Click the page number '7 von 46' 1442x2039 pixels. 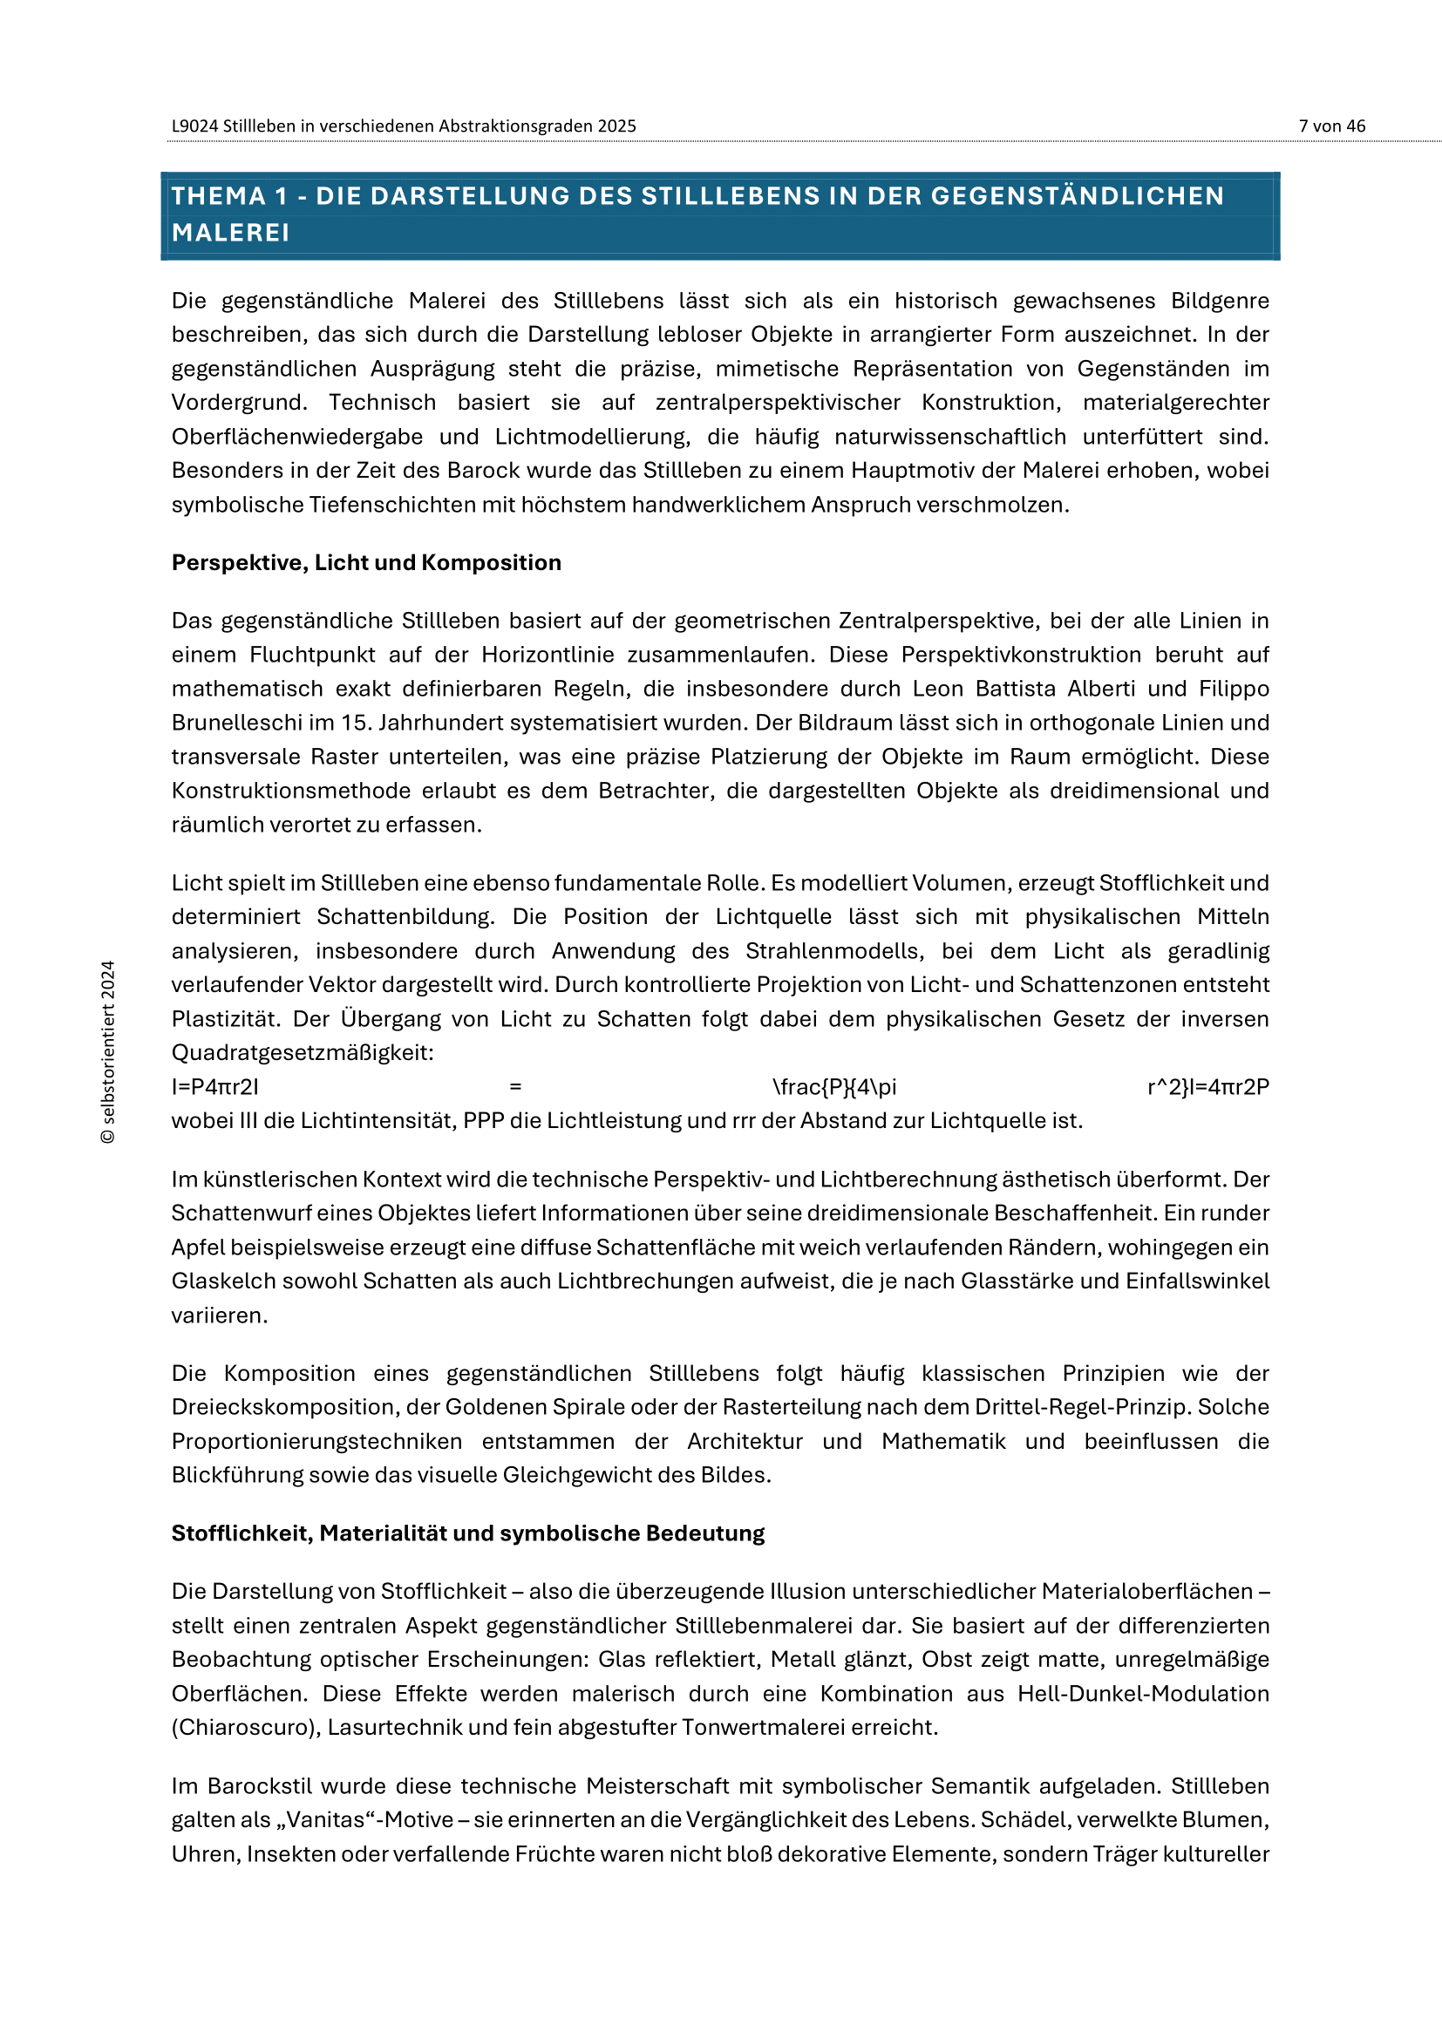[x=1331, y=126]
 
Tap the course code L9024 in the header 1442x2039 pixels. [x=194, y=126]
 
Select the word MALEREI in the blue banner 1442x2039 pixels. [x=231, y=233]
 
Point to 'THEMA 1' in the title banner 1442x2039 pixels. [x=229, y=196]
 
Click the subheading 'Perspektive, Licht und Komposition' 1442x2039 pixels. [x=366, y=563]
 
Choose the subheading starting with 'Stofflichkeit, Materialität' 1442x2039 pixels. [x=468, y=1533]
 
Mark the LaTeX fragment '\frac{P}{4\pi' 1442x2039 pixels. [x=833, y=1087]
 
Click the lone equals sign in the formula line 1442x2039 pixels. [x=515, y=1087]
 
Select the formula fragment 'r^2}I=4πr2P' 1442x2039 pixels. [x=1207, y=1087]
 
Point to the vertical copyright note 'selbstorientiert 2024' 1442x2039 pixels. [x=108, y=1051]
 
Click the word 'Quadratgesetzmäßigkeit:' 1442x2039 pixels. [x=303, y=1053]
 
